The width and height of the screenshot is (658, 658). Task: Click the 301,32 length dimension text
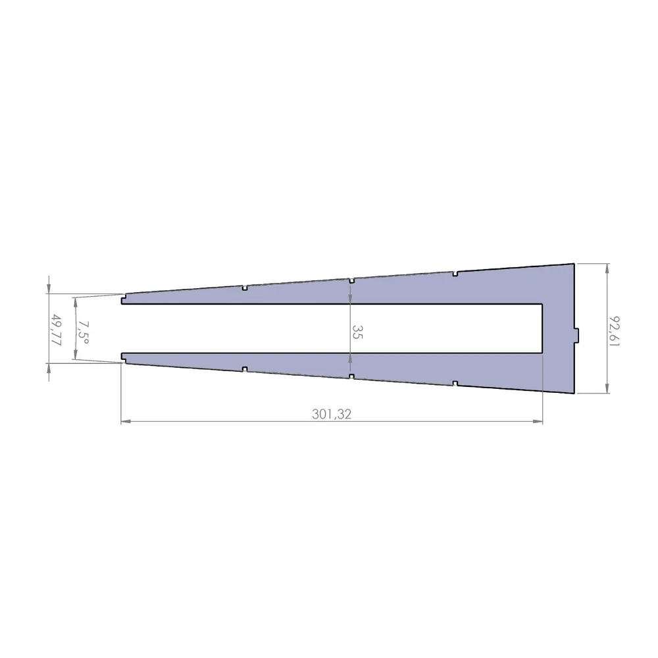pyautogui.click(x=332, y=414)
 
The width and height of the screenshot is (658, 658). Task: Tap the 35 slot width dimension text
pyautogui.click(x=356, y=331)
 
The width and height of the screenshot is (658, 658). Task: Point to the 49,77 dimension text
pyautogui.click(x=56, y=329)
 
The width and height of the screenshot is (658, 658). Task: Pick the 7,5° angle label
pyautogui.click(x=82, y=329)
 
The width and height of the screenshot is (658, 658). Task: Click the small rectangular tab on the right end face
pyautogui.click(x=578, y=335)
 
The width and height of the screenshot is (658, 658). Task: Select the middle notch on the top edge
pyautogui.click(x=352, y=280)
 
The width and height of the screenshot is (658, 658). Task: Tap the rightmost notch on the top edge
pyautogui.click(x=455, y=272)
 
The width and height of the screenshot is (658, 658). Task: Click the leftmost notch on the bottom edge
pyautogui.click(x=244, y=369)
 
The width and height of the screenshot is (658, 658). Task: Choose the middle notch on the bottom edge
pyautogui.click(x=352, y=377)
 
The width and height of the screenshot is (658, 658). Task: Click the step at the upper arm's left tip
pyautogui.click(x=124, y=301)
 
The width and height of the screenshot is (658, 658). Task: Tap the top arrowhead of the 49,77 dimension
pyautogui.click(x=49, y=290)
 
